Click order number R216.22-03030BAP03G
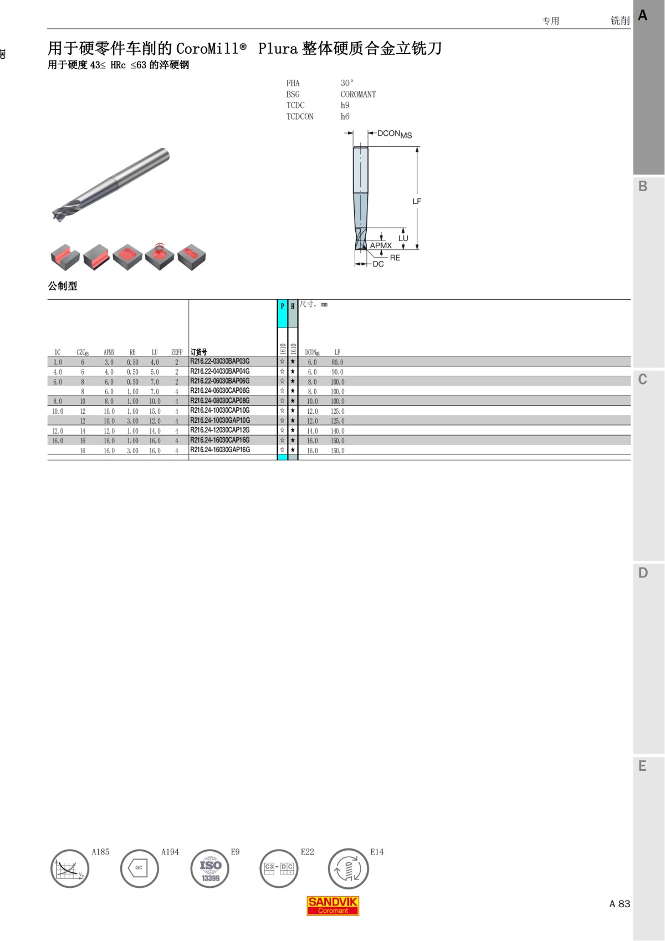(x=219, y=361)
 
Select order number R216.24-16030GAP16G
(x=219, y=450)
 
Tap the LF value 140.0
(x=337, y=431)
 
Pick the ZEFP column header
(x=177, y=352)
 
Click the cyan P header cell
(x=282, y=313)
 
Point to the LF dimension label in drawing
(x=416, y=201)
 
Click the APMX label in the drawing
(x=381, y=246)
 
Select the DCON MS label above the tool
(x=395, y=134)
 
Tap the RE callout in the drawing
(x=395, y=258)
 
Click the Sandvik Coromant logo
(x=332, y=906)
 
